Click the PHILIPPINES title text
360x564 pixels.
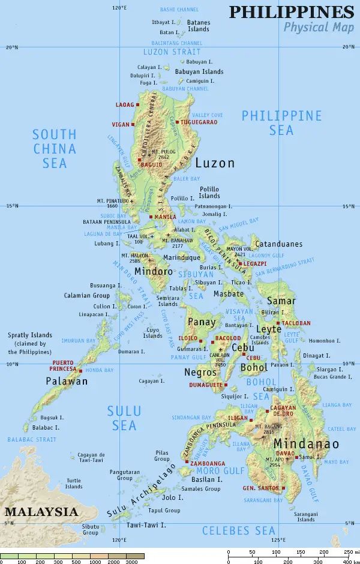[292, 12]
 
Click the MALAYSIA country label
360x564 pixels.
[41, 512]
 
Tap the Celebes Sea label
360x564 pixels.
[238, 530]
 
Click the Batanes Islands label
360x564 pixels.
[199, 26]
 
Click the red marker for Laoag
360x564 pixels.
[138, 105]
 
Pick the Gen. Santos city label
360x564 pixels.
[260, 488]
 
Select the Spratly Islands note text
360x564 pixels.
[29, 343]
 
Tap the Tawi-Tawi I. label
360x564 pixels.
[146, 525]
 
